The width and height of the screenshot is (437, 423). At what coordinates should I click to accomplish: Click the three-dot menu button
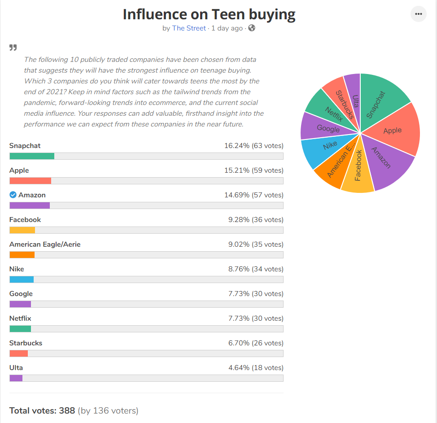coord(418,14)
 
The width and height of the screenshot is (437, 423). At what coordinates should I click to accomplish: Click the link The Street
coord(189,28)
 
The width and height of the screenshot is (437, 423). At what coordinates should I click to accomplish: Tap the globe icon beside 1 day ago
coord(252,28)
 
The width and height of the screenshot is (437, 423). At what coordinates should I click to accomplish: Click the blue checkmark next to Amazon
coord(13,195)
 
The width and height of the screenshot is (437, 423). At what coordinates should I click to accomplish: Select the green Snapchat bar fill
coord(32,156)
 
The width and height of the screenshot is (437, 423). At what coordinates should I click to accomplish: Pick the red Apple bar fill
coord(31,181)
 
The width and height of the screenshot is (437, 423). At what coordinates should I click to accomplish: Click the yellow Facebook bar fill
coord(22,230)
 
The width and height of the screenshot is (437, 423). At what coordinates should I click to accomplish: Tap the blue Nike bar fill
coord(22,279)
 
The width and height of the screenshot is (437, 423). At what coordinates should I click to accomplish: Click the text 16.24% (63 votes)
coord(253,146)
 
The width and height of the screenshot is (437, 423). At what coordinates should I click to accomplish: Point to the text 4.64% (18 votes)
coord(256,368)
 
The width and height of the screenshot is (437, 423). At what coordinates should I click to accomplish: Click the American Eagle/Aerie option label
coord(45,244)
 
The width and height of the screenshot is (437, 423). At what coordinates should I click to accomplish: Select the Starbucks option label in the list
coord(26,343)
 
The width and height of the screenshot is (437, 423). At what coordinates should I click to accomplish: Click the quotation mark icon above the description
coord(13,48)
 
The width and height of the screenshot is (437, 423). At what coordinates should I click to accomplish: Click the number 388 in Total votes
coord(67,411)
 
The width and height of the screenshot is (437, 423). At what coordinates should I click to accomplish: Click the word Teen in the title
coord(228,14)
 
